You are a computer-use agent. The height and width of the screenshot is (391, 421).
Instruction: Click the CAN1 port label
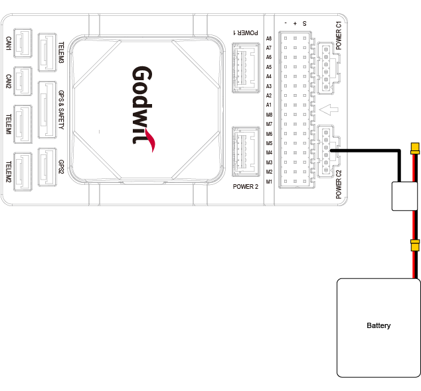click(x=8, y=44)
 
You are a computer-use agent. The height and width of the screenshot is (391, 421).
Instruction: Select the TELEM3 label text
click(x=62, y=52)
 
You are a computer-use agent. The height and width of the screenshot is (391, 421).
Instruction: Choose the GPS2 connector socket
click(x=48, y=163)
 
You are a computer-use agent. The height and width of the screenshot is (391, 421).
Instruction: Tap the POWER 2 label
click(x=245, y=187)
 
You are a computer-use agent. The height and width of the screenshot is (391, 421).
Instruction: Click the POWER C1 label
click(x=339, y=35)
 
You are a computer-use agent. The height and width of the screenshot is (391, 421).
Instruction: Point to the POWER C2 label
click(x=339, y=185)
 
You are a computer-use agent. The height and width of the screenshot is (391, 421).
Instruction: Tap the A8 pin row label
click(x=269, y=39)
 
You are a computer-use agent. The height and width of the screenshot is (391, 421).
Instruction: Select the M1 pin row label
click(x=269, y=182)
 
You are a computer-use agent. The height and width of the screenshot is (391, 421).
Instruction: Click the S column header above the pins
click(x=304, y=23)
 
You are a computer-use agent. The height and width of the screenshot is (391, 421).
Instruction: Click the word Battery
click(x=379, y=325)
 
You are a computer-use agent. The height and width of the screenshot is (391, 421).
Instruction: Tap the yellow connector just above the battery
click(x=416, y=246)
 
